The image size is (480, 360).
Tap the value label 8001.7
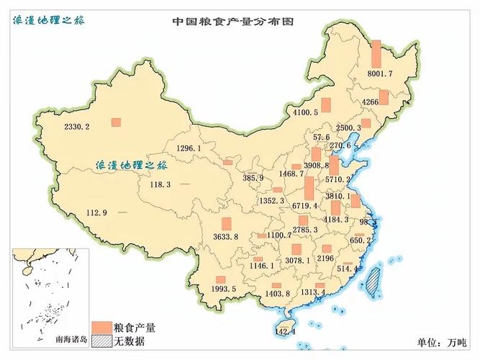(379, 73)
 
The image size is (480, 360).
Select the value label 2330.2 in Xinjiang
(77, 127)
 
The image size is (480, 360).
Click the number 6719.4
(305, 206)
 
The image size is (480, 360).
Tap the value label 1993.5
(224, 289)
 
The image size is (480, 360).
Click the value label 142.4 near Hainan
(286, 331)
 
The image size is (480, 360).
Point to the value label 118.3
(160, 184)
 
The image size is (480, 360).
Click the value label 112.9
(96, 212)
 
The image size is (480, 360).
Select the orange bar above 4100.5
(325, 104)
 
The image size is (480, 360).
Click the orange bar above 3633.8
(227, 225)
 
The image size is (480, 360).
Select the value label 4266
(371, 102)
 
